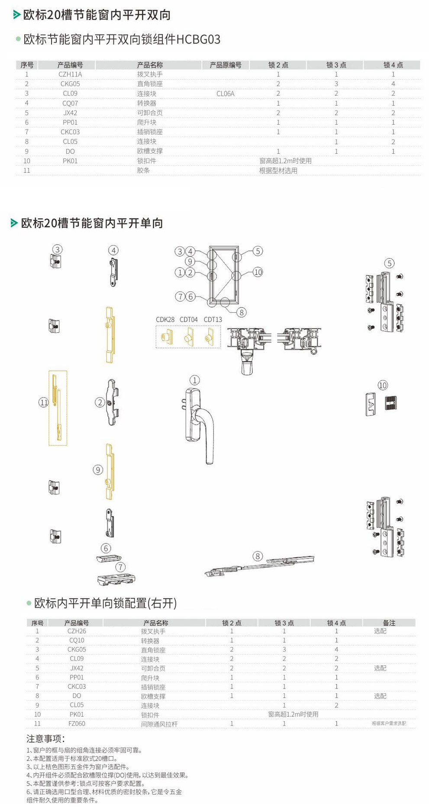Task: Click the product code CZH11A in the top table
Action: (x=70, y=74)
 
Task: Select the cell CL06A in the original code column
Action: (x=225, y=94)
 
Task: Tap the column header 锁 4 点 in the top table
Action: (x=393, y=65)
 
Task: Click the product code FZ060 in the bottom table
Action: (x=77, y=724)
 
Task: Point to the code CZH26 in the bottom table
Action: (x=77, y=631)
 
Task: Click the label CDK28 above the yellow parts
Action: (x=165, y=320)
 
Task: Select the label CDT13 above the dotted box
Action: (x=213, y=320)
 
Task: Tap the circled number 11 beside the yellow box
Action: (x=44, y=403)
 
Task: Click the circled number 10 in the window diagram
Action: (x=258, y=272)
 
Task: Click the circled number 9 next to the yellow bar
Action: (x=98, y=470)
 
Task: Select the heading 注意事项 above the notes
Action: (x=45, y=739)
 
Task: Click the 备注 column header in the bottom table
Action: (x=389, y=623)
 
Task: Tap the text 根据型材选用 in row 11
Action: (x=278, y=171)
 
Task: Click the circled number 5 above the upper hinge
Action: (x=389, y=263)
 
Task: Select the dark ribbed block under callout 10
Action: (x=391, y=402)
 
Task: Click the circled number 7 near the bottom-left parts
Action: (x=120, y=567)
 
